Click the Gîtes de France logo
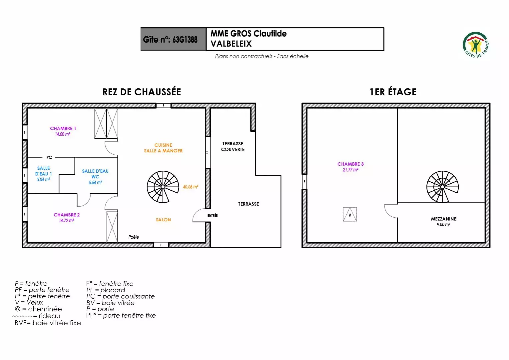coord(476,45)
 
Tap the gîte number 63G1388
coord(185,40)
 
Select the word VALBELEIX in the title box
coord(231,44)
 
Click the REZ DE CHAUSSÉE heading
coord(142,92)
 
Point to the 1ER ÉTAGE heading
coord(393,92)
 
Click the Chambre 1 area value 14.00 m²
coord(63,134)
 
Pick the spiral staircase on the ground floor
coord(163,187)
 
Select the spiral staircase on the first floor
coord(442,187)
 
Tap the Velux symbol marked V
coord(350,214)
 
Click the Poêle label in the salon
coord(134,237)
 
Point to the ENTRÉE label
coord(213,215)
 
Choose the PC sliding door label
coord(49,157)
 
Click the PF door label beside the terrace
coord(208,153)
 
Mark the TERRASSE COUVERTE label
coord(233,146)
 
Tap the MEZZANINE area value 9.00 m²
coord(443,225)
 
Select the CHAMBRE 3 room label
coord(350,164)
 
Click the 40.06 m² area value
coord(191,187)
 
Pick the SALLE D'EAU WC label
coord(95,174)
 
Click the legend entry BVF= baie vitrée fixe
coord(48,323)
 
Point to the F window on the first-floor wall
coord(304,182)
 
